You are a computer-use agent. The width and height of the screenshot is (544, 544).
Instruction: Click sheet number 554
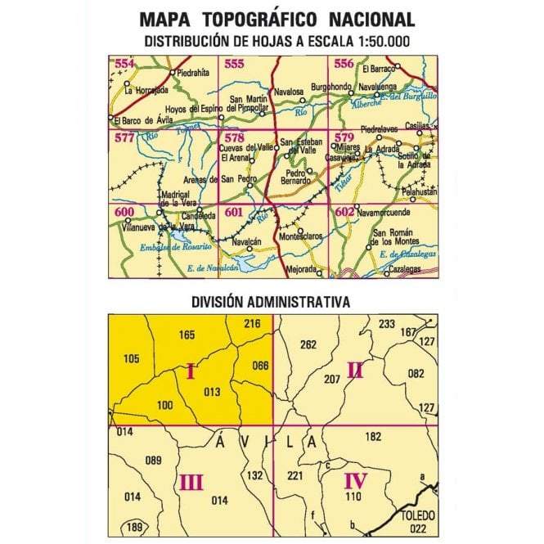125,65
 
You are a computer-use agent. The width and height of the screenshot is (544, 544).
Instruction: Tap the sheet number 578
235,137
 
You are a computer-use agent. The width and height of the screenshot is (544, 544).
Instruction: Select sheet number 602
344,213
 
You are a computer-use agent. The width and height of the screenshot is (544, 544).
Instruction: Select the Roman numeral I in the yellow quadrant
191,373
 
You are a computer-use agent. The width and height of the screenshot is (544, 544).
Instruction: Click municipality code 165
187,335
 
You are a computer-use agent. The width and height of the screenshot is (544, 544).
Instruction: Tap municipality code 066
260,365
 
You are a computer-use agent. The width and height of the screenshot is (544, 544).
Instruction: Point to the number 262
308,344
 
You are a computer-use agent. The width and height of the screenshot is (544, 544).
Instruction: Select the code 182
373,437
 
